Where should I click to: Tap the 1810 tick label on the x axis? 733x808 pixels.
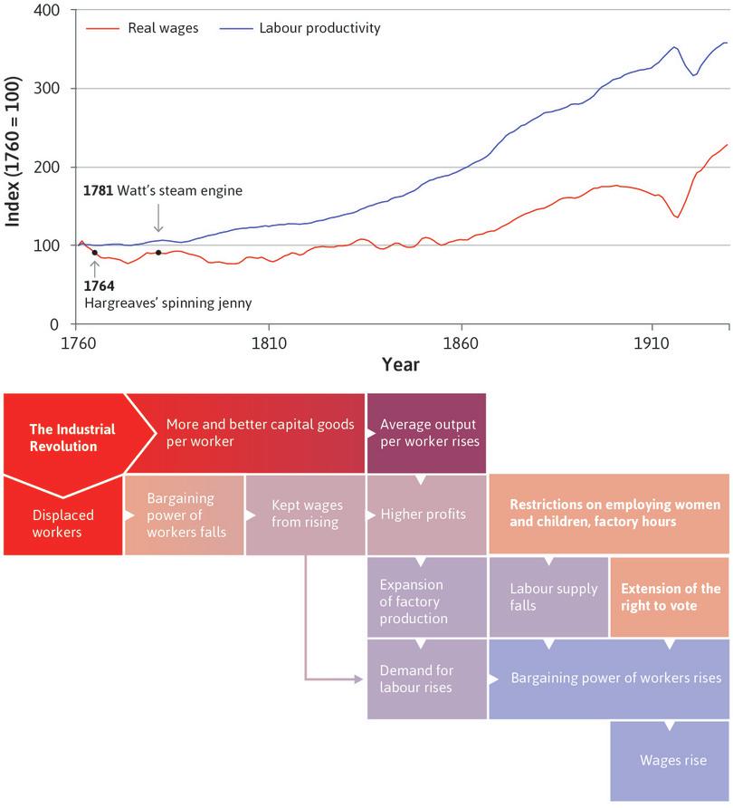[269, 343]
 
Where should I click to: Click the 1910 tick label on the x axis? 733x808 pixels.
[651, 343]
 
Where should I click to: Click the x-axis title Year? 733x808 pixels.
[400, 364]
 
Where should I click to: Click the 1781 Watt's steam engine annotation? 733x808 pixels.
[163, 191]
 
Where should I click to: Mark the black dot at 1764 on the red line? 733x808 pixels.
[94, 253]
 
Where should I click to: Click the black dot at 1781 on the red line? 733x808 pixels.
[158, 253]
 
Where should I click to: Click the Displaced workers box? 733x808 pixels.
[62, 523]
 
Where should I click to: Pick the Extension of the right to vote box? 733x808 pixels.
[670, 597]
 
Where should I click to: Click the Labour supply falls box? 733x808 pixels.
[548, 597]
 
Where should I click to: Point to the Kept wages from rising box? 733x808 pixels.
[305, 515]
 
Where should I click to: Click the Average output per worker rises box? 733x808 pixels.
[425, 433]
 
